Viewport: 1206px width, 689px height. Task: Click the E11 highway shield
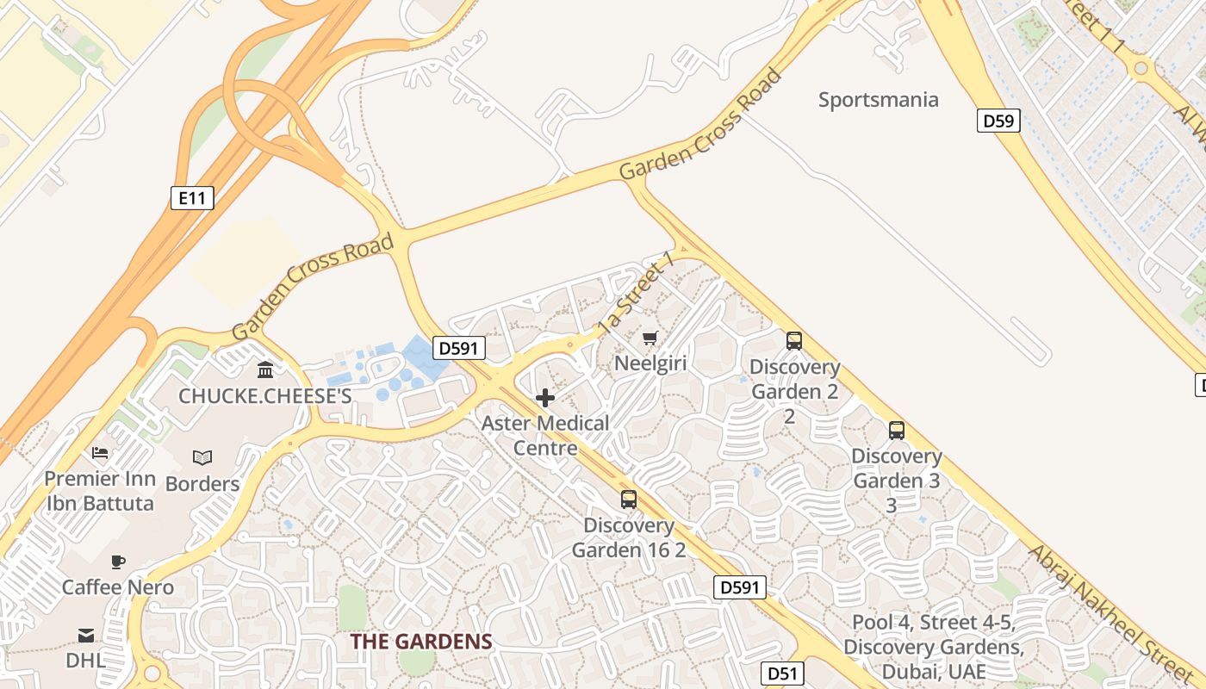[191, 198]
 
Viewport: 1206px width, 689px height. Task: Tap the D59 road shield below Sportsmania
[998, 121]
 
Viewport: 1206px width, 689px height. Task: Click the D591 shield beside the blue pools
[457, 348]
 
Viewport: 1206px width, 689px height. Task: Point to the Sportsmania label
[878, 100]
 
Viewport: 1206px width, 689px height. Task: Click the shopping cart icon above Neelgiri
[650, 338]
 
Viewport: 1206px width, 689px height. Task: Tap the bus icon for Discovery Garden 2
[793, 341]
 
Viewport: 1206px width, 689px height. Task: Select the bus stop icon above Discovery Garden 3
[896, 431]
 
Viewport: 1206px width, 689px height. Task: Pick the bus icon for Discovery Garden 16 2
[629, 500]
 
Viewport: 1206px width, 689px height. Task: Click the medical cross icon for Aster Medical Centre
[544, 398]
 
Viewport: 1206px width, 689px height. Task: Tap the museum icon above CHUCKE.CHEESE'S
[265, 369]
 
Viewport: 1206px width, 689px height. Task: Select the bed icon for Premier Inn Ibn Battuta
[100, 453]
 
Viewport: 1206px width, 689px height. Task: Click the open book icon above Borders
[202, 457]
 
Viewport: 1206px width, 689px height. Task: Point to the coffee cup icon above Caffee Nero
[117, 562]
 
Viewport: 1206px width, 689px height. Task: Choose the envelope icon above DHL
[86, 636]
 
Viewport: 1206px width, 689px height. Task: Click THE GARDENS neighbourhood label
[421, 642]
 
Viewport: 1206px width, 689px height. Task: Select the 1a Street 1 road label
[635, 293]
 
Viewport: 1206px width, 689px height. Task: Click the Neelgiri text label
[650, 363]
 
